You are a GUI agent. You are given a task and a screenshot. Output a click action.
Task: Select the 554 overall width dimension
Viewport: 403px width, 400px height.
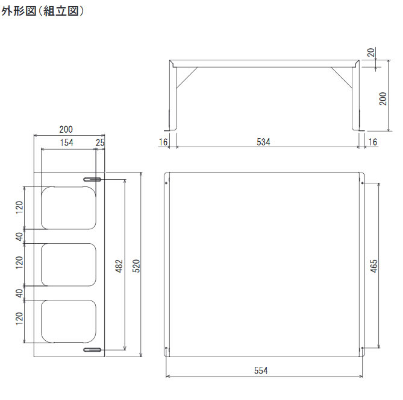click(x=260, y=370)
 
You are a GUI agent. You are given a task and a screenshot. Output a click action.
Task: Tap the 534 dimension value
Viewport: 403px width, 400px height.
click(x=263, y=142)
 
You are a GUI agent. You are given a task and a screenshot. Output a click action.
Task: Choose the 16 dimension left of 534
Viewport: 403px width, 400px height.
click(x=163, y=142)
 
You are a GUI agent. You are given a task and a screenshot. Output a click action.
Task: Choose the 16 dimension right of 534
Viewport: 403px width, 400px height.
click(x=372, y=142)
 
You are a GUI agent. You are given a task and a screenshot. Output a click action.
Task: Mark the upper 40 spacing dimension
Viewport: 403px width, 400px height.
click(x=20, y=236)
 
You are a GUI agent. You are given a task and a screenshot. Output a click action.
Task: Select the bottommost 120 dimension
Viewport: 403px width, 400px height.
click(x=20, y=320)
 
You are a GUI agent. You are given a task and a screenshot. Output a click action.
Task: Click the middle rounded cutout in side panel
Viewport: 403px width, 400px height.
click(x=68, y=264)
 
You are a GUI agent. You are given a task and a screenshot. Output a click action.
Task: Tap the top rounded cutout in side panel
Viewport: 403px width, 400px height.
click(x=68, y=208)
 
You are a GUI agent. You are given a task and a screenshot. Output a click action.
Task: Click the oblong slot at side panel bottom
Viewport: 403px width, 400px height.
click(x=92, y=349)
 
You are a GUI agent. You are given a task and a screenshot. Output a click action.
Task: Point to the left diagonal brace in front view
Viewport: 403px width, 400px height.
click(x=186, y=76)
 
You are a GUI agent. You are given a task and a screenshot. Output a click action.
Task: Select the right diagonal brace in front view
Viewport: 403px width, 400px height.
click(x=341, y=76)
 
